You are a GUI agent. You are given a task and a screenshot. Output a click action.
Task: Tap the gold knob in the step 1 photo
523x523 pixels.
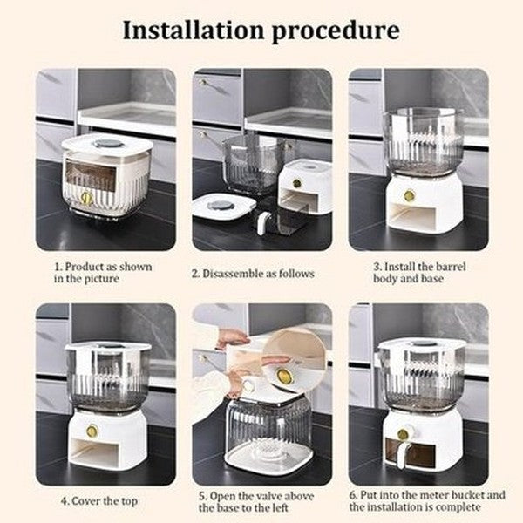(86, 198)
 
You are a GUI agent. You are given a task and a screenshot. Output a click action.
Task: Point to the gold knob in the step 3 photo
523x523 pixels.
(409, 196)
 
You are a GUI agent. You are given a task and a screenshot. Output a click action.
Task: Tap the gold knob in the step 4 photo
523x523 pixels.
(92, 430)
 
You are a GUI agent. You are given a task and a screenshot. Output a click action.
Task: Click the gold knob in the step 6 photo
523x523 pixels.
(404, 433)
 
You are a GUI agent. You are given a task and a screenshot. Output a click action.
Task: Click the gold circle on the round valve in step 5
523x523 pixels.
(284, 376)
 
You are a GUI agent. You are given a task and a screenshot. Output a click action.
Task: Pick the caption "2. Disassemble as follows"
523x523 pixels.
(253, 273)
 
